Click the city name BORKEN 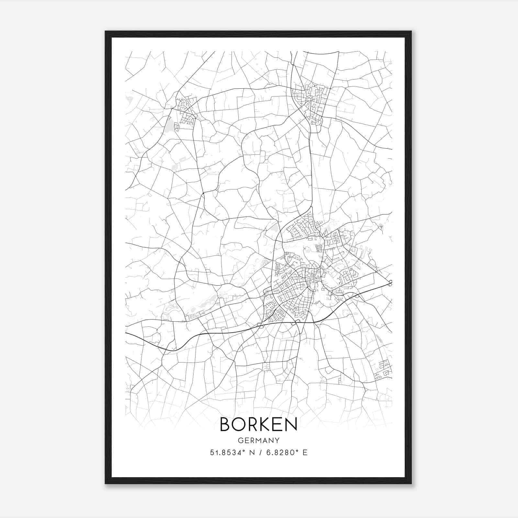point(258,424)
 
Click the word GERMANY point(258,440)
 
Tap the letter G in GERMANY point(240,440)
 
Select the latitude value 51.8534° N point(231,453)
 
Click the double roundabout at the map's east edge point(390,283)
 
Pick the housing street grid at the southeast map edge point(384,369)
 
